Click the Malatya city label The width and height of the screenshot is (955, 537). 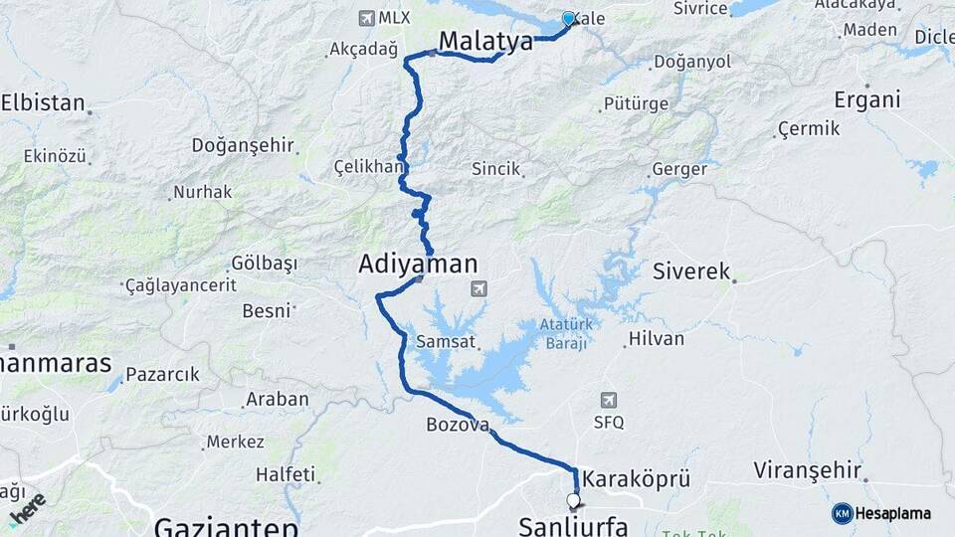pyautogui.click(x=485, y=41)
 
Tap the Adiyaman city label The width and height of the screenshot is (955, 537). pyautogui.click(x=418, y=265)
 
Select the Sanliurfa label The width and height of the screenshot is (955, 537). pyautogui.click(x=573, y=525)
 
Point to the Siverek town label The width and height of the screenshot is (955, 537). pyautogui.click(x=691, y=270)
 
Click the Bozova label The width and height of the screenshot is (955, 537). pyautogui.click(x=458, y=425)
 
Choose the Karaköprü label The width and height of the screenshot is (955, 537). pyautogui.click(x=637, y=477)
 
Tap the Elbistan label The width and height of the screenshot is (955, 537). pyautogui.click(x=42, y=101)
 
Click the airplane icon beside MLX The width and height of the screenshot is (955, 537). pyautogui.click(x=366, y=18)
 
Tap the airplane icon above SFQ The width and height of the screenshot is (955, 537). pyautogui.click(x=608, y=400)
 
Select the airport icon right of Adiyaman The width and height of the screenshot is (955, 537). pyautogui.click(x=479, y=288)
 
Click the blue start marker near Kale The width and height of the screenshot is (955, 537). pyautogui.click(x=569, y=18)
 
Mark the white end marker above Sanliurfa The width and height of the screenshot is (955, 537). pyautogui.click(x=573, y=500)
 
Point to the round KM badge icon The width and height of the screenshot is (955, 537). pyautogui.click(x=842, y=513)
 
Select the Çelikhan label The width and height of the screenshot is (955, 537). pyautogui.click(x=366, y=165)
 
